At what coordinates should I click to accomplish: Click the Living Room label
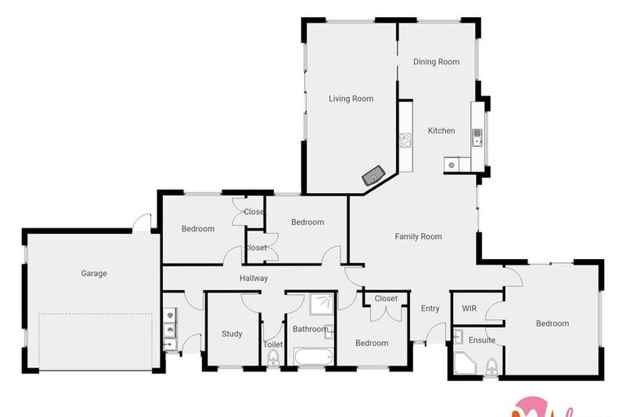point(350,99)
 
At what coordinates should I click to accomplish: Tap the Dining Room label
point(436,62)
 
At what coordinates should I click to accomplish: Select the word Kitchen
point(441,131)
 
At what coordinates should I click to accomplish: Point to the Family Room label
point(418,237)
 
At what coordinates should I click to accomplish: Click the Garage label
point(94,274)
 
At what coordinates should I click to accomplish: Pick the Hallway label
point(253,279)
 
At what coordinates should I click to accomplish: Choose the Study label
point(232,334)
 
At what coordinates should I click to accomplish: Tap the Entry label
point(430,309)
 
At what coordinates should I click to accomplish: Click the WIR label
point(469,309)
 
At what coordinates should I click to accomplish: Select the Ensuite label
point(481,340)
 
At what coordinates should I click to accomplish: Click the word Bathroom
point(310,329)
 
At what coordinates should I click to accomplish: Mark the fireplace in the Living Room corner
point(374,173)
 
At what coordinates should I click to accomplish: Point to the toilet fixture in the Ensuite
point(491,367)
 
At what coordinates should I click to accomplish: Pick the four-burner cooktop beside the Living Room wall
point(403,141)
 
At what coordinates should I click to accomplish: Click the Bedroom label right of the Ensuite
point(552,324)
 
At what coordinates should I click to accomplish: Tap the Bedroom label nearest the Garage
point(197,229)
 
